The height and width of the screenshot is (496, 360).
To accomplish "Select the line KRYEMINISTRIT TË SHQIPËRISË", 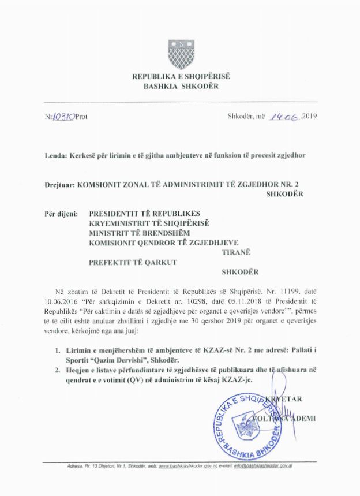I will (x=148, y=223).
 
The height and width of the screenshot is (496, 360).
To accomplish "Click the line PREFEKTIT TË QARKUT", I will (x=132, y=263).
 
